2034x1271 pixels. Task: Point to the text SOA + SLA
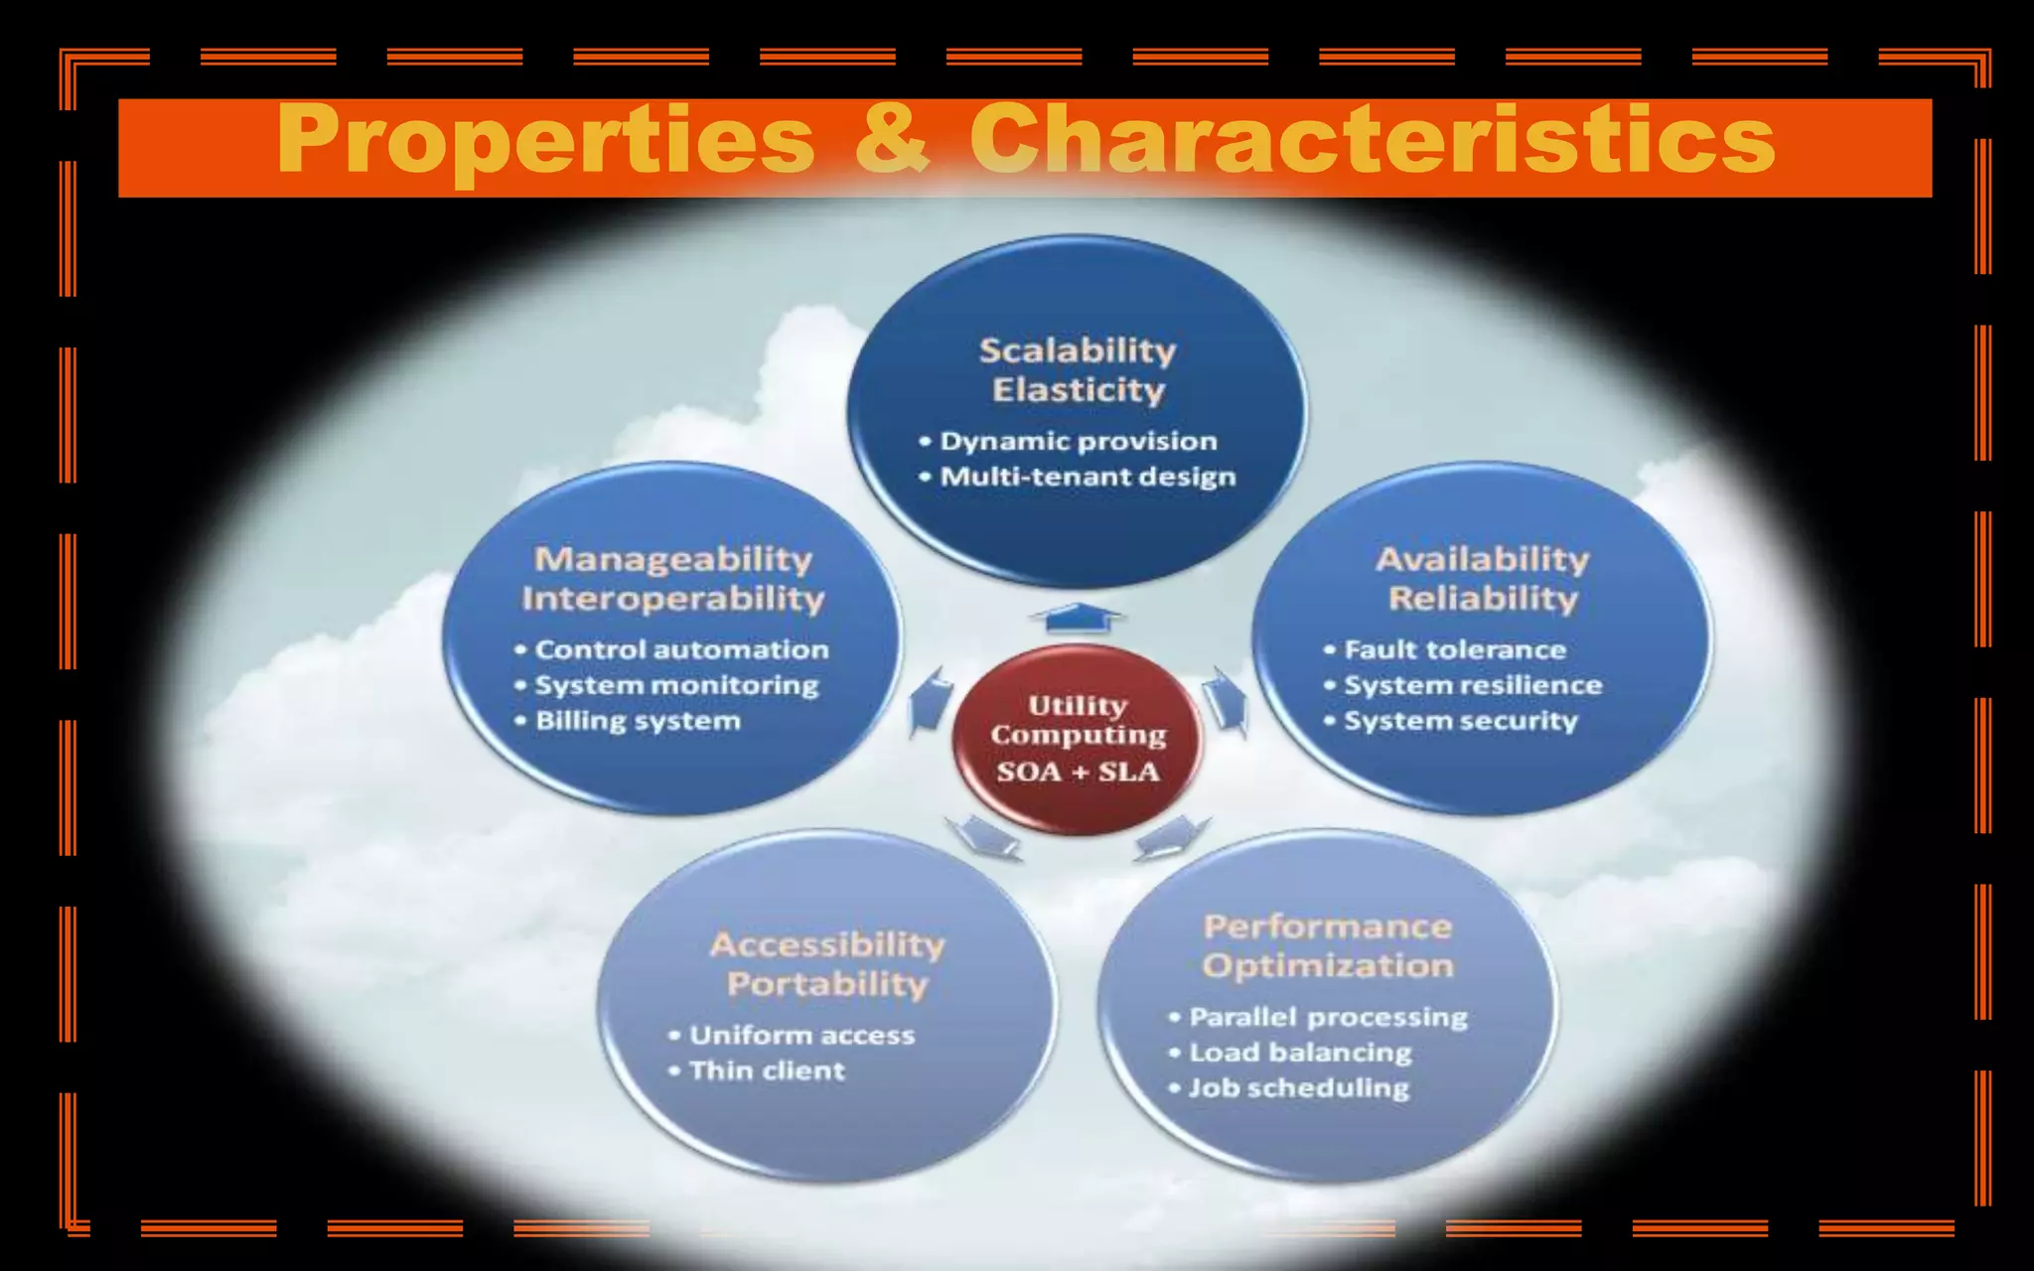pyautogui.click(x=1078, y=773)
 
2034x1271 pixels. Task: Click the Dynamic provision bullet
pyautogui.click(x=1078, y=441)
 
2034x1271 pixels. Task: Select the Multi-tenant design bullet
pyautogui.click(x=1088, y=477)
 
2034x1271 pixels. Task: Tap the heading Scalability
pyautogui.click(x=1078, y=350)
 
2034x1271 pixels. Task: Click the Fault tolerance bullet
pyautogui.click(x=1454, y=649)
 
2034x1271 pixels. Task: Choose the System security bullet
pyautogui.click(x=1460, y=721)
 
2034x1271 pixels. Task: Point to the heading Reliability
pyautogui.click(x=1483, y=598)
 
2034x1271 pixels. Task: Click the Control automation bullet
pyautogui.click(x=681, y=649)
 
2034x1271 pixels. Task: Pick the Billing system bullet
pyautogui.click(x=638, y=721)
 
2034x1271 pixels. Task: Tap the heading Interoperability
pyautogui.click(x=673, y=598)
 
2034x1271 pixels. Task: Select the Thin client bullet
pyautogui.click(x=767, y=1070)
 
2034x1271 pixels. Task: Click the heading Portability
pyautogui.click(x=827, y=984)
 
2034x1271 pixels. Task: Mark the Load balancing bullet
pyautogui.click(x=1300, y=1053)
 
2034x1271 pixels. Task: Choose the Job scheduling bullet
pyautogui.click(x=1299, y=1088)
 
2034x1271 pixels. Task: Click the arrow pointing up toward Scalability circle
pyautogui.click(x=1078, y=618)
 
